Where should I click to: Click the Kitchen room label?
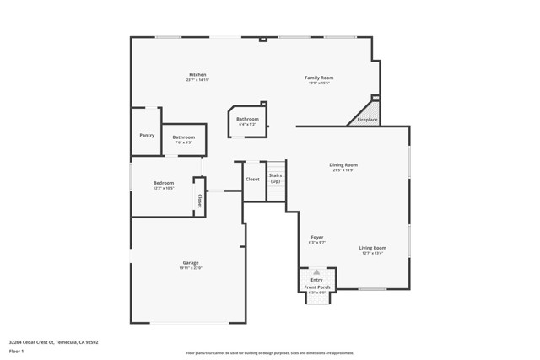coord(197,75)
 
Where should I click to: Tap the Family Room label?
coord(319,78)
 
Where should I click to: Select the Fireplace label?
coord(368,120)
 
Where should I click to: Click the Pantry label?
coord(147,135)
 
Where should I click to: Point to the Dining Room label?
coord(343,164)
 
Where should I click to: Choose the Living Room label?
coord(372,247)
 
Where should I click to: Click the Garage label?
coord(191,262)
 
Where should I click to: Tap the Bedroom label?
coord(164,183)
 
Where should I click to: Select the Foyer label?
coord(317,237)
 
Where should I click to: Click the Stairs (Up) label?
coord(275,178)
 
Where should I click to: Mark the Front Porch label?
coord(318,287)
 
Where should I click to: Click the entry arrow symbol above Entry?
coord(316,272)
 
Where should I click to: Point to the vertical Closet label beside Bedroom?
coord(200,201)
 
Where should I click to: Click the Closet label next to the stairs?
coord(252,179)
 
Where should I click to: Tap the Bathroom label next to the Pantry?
coord(184,137)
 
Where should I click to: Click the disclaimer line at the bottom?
coord(270,353)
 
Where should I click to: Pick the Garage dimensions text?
coord(191,268)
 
